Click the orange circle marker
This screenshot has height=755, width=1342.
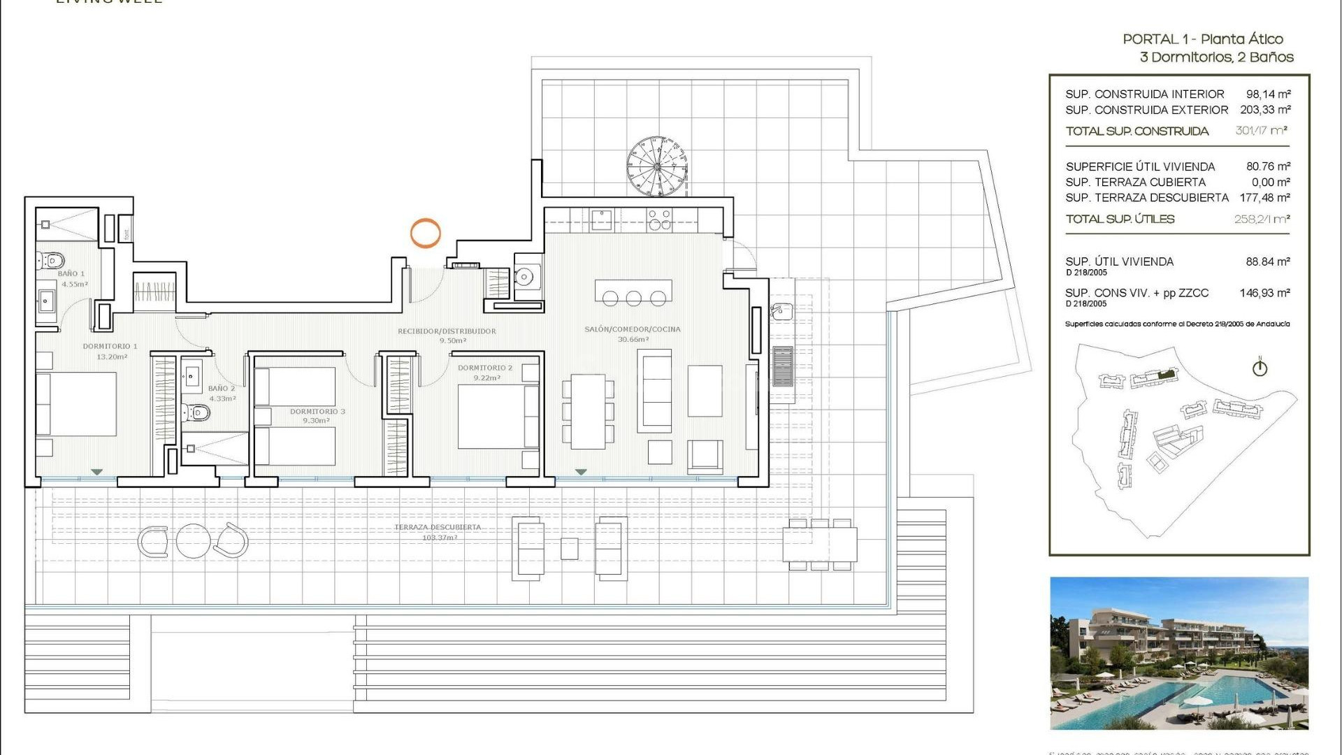[x=425, y=233]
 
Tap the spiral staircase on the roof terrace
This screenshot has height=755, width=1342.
[x=657, y=166]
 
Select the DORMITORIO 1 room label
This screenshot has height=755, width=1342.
[x=110, y=346]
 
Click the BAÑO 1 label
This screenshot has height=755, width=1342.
[x=71, y=273]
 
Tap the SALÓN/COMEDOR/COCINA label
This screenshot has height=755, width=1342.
[x=632, y=329]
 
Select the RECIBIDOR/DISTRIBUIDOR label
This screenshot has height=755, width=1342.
[x=447, y=331]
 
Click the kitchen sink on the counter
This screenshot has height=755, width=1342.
[x=601, y=220]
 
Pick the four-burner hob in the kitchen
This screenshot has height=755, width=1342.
[x=659, y=220]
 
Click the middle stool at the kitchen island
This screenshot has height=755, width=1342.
[x=634, y=299]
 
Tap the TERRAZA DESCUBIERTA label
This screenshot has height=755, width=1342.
[x=438, y=527]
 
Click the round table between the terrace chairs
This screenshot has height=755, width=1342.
[x=193, y=540]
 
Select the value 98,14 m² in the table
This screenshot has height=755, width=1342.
[x=1268, y=94]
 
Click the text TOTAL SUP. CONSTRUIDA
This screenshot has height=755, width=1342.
[x=1137, y=131]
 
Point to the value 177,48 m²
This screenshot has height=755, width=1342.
[x=1264, y=198]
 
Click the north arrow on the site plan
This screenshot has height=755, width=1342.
[x=1260, y=367]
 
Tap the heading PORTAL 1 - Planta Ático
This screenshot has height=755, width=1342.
[x=1202, y=39]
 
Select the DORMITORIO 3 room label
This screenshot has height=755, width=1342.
[x=317, y=412]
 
